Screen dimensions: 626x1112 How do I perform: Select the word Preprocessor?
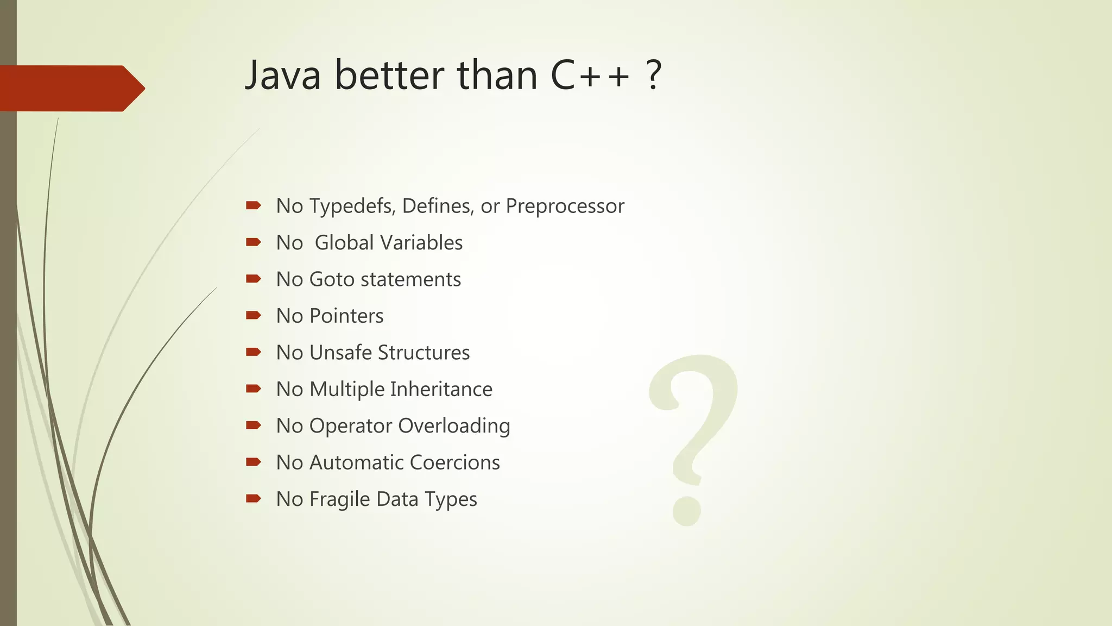[565, 206]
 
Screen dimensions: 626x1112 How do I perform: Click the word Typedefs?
[352, 206]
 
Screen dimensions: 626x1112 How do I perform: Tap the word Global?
[344, 243]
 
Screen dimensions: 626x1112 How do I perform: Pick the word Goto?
[332, 279]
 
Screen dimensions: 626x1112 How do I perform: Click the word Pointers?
[346, 316]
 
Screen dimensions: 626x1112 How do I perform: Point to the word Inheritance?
[441, 389]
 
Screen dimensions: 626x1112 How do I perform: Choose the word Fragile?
[339, 499]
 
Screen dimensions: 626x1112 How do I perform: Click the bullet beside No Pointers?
[254, 315]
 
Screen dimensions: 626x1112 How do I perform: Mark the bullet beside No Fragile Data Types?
[254, 498]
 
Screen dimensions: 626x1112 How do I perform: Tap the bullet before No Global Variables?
[254, 242]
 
